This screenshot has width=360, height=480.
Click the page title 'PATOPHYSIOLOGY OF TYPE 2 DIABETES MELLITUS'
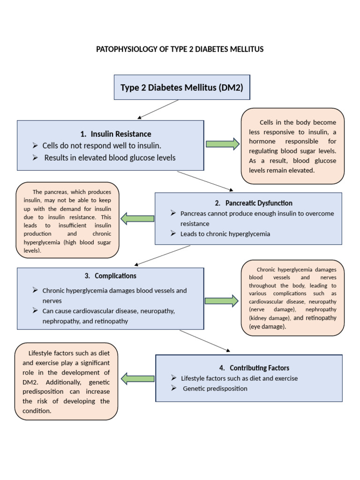(180, 49)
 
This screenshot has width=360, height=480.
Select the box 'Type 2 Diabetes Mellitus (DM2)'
(182, 87)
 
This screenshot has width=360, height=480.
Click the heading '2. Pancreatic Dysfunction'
(254, 203)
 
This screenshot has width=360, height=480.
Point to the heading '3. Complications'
(111, 276)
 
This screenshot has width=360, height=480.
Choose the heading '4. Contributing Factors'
(259, 368)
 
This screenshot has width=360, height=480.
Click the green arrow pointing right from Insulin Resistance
(223, 144)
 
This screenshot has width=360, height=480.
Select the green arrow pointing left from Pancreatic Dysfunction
(137, 218)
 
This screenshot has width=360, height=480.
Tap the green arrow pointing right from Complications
(222, 300)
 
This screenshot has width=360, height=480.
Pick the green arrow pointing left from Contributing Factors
(137, 378)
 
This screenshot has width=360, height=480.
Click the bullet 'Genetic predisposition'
(215, 389)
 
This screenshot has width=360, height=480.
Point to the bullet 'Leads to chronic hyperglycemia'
(225, 234)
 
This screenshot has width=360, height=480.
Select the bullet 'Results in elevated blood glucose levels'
(110, 157)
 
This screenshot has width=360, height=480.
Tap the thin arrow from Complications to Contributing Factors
(205, 341)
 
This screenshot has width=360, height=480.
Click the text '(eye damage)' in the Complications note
(267, 327)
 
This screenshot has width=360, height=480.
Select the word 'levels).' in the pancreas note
(32, 251)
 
